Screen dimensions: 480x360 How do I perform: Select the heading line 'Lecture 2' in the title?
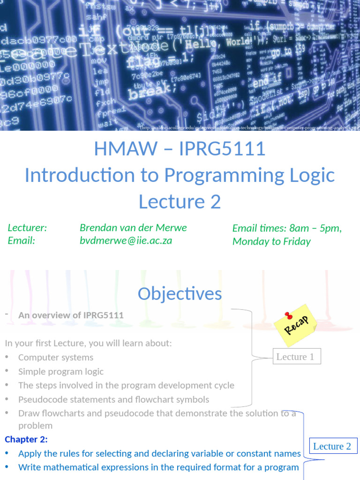(x=180, y=202)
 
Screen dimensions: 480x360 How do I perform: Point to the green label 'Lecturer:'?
(x=27, y=228)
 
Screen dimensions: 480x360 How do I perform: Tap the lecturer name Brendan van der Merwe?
(x=133, y=228)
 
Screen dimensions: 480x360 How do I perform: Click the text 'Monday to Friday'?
(x=271, y=241)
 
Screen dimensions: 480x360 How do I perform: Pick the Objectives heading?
(x=180, y=294)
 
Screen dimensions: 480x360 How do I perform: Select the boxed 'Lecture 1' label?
(x=295, y=357)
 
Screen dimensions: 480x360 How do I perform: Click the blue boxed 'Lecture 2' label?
(x=332, y=446)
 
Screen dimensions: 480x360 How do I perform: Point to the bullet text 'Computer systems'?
(x=56, y=357)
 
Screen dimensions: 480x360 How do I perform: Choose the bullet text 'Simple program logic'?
(x=61, y=371)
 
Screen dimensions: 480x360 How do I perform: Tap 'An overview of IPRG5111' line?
(x=71, y=315)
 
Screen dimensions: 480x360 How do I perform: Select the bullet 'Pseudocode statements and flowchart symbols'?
(x=113, y=399)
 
